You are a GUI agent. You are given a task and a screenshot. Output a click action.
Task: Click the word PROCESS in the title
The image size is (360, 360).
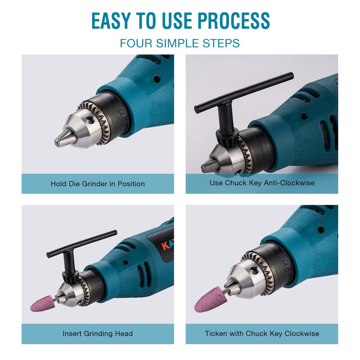[x=234, y=21]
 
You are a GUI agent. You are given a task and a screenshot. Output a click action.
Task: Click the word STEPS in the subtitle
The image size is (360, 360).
[x=221, y=43]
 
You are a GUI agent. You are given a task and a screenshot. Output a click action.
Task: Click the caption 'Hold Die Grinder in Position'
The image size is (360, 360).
[x=98, y=184]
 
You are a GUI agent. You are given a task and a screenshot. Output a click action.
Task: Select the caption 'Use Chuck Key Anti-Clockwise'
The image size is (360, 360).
[x=262, y=183]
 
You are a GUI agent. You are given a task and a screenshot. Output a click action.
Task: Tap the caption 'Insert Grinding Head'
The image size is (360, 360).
[x=98, y=333]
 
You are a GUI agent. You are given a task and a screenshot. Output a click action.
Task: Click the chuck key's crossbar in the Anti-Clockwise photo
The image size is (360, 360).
[x=244, y=93]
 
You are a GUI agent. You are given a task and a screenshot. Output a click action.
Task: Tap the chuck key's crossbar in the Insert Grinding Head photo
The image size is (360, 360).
[x=82, y=244]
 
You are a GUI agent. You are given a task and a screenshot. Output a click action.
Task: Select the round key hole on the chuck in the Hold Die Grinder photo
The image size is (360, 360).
[x=90, y=120]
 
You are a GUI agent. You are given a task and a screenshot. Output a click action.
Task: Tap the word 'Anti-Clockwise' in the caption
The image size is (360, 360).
[x=289, y=183]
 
